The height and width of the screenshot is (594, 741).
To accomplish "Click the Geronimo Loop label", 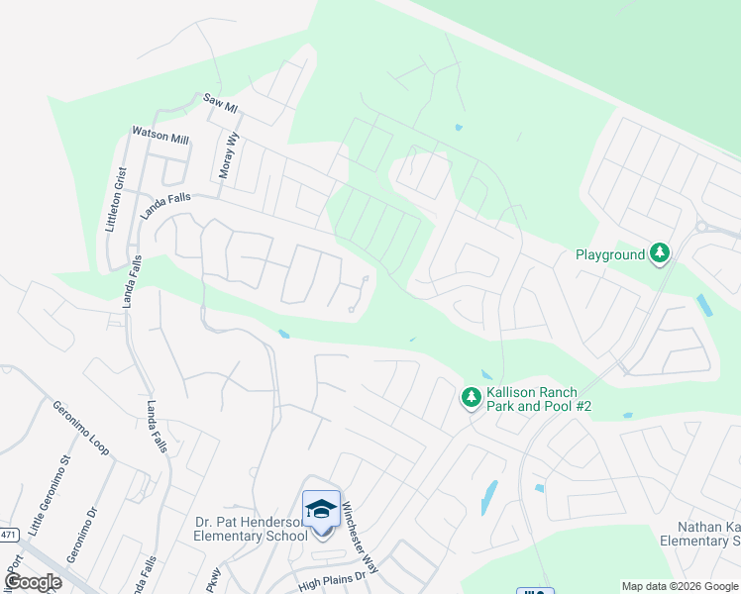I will pos(80,427).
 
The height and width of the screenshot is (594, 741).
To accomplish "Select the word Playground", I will pos(610,254).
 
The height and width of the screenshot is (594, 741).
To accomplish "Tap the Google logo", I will pos(33,582).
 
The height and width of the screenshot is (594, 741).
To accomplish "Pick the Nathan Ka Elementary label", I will pos(708,534).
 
